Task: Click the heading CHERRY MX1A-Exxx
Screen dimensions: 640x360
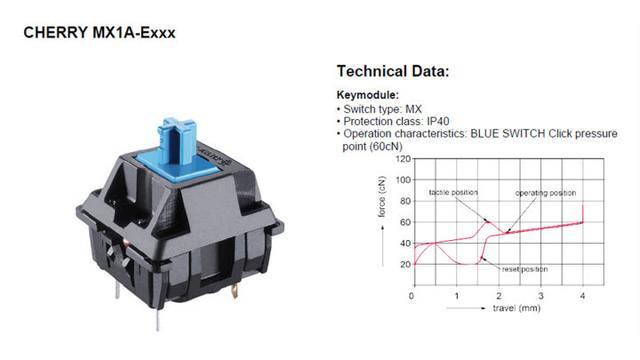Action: click(99, 33)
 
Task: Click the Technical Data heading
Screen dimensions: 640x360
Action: click(393, 71)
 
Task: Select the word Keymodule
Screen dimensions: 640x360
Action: click(367, 95)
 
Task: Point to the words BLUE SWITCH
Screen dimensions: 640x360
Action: click(507, 133)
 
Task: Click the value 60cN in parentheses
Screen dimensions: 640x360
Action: click(386, 147)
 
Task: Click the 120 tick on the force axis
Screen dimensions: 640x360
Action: click(403, 158)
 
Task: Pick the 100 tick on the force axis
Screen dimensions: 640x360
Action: click(403, 180)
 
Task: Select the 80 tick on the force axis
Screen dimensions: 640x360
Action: click(405, 201)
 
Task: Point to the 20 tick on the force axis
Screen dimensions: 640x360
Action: click(405, 264)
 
